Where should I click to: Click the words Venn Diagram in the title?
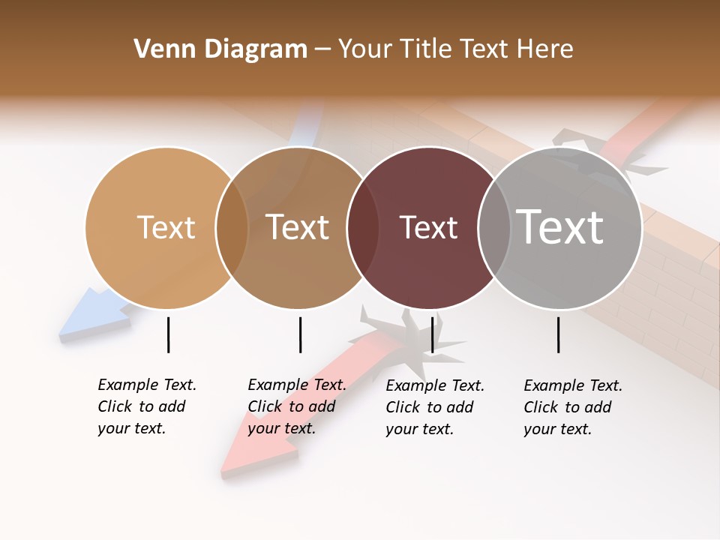pos(220,49)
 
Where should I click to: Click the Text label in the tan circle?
pos(166,227)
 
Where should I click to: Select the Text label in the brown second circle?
pos(297,227)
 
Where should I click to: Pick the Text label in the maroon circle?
pos(428,227)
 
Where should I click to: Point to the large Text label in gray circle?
pos(560,226)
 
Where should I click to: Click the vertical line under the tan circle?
pos(168,334)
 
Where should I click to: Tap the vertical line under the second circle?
pos(300,334)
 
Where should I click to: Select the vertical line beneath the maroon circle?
pos(432,334)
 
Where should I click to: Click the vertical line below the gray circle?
pos(558,334)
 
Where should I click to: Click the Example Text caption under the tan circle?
pos(147,406)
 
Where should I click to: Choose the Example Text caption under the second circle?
pos(297,406)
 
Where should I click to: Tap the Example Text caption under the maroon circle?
pos(435,407)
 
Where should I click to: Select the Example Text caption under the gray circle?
pos(573,407)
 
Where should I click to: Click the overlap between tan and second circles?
pos(232,228)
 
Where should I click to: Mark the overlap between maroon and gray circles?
pos(494,228)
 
